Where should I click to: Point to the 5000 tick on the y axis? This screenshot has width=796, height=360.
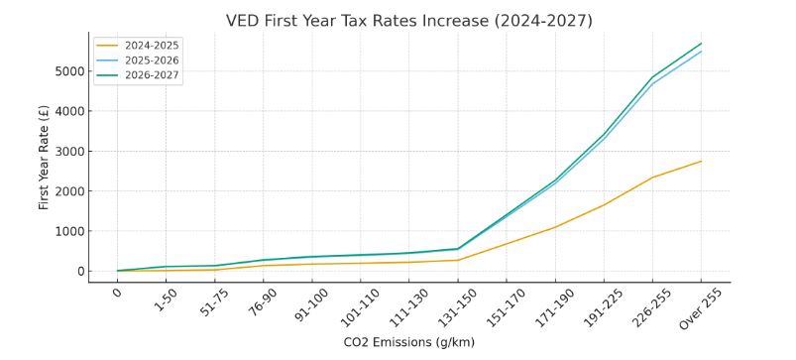click(65, 71)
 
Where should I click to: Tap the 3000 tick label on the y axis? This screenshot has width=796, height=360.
click(65, 152)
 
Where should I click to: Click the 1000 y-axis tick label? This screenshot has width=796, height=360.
click(65, 231)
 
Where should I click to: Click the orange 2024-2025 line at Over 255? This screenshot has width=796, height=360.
click(701, 162)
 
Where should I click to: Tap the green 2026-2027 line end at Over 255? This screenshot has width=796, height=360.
click(701, 44)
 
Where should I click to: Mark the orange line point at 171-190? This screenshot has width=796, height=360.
click(555, 227)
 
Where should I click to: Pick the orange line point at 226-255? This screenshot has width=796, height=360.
click(652, 178)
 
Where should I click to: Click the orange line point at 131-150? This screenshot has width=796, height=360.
click(458, 260)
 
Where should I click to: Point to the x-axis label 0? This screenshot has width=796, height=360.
click(118, 294)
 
